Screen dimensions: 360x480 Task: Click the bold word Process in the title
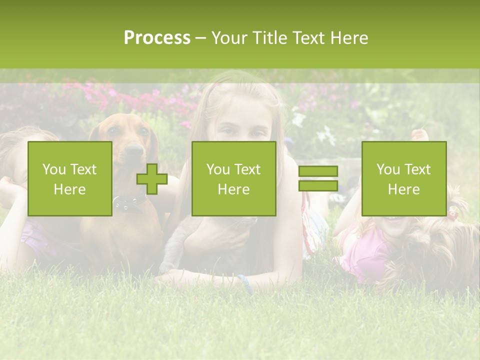click(x=157, y=38)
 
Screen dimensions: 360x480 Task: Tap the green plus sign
click(x=152, y=178)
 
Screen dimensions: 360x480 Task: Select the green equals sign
click(x=318, y=178)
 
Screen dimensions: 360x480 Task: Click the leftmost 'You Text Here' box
click(x=69, y=178)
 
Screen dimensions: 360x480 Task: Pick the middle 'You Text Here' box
click(x=233, y=178)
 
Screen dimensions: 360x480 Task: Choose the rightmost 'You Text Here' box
click(x=403, y=178)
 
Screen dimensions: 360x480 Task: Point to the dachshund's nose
click(x=134, y=149)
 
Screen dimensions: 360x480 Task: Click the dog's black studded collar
click(x=127, y=202)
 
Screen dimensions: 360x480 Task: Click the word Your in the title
click(x=228, y=38)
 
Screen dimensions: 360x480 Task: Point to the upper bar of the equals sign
click(x=318, y=171)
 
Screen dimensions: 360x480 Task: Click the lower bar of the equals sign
click(x=318, y=185)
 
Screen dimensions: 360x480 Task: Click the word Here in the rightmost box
click(x=403, y=189)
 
